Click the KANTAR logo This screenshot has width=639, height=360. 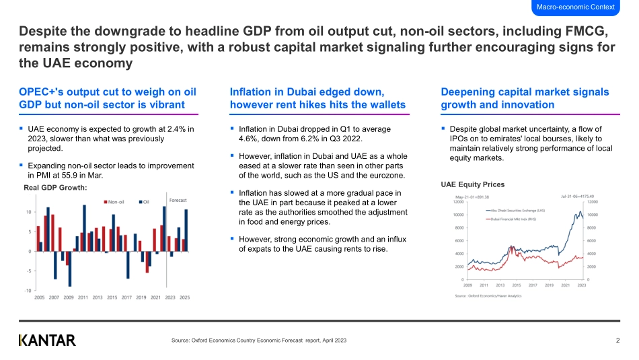point(47,340)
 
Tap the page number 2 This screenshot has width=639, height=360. point(617,340)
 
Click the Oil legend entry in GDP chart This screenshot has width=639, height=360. point(145,201)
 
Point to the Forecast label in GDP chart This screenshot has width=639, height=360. point(178,200)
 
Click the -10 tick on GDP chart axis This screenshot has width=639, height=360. point(28,290)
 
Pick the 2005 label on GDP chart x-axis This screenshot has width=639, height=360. point(39,297)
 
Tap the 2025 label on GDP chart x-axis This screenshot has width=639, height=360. point(184,297)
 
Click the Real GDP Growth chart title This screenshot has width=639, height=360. point(55,187)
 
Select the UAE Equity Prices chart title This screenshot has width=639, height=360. point(472,184)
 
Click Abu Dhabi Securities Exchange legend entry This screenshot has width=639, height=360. point(517,210)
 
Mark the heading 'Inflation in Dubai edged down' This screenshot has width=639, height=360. point(307,92)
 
